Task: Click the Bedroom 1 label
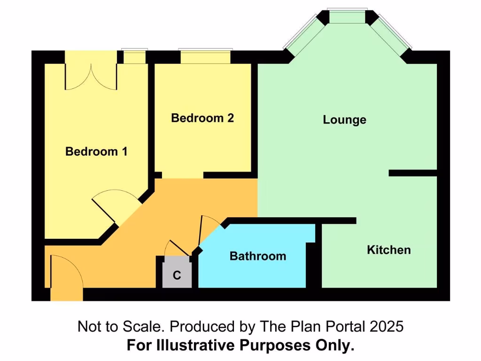click(x=96, y=151)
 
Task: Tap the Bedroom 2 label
click(x=202, y=118)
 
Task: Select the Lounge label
click(x=344, y=120)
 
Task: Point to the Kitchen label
click(x=388, y=250)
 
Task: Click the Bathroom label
click(x=257, y=256)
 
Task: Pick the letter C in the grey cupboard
click(x=177, y=275)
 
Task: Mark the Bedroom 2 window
click(x=205, y=56)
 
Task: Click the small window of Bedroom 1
click(x=134, y=57)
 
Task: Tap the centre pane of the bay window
click(x=347, y=17)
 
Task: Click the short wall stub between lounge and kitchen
click(x=412, y=173)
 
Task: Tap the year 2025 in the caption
click(x=386, y=326)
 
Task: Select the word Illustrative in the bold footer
click(x=202, y=345)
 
